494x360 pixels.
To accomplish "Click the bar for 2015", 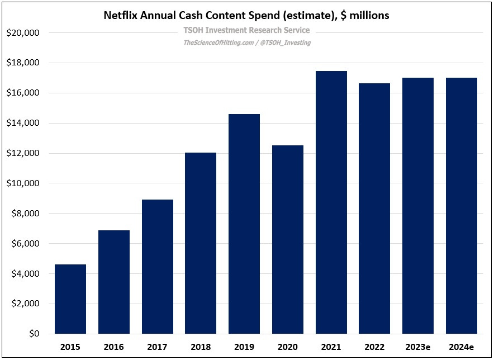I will pos(70,299).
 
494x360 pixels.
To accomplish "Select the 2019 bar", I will pos(244,224).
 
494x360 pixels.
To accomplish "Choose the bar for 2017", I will pos(158,267).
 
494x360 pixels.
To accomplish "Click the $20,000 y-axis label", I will pos(23,33).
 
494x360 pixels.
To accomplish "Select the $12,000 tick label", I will pos(23,153).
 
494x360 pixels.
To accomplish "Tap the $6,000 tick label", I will pos(25,244).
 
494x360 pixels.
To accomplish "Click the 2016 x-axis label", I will pos(114,347).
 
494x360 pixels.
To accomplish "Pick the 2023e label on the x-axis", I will pos(418,347).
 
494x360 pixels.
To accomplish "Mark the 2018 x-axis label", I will pos(201,347).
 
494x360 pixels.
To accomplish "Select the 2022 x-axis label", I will pos(374,347).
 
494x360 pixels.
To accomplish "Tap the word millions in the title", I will pos(369,16).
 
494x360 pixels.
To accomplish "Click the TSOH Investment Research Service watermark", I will pos(246,31).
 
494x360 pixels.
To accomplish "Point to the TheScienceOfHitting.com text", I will pos(217,42).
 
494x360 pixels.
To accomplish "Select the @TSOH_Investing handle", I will pos(285,42).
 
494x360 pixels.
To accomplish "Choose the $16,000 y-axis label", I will pos(23,93).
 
